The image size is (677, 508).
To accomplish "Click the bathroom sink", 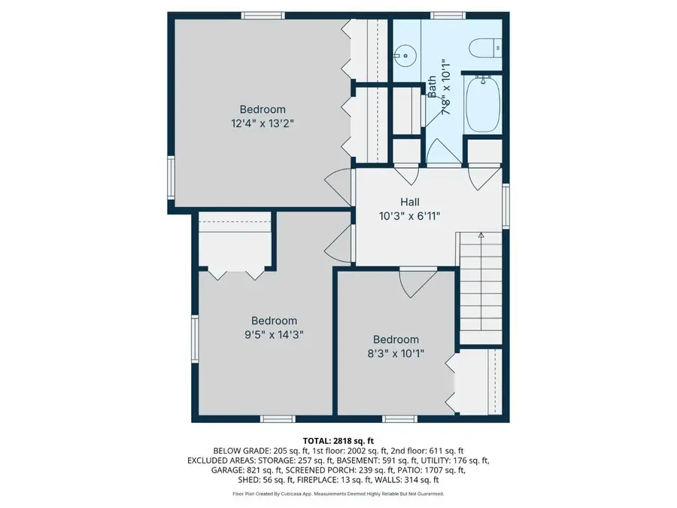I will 406,54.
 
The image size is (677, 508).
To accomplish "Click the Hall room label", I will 410,202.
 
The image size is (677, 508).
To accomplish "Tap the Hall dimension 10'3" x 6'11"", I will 410,216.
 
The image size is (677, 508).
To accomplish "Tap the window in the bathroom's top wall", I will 448,15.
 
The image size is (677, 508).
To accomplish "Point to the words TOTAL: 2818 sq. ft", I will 338,440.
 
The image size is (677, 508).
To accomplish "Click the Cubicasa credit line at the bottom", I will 338,494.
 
